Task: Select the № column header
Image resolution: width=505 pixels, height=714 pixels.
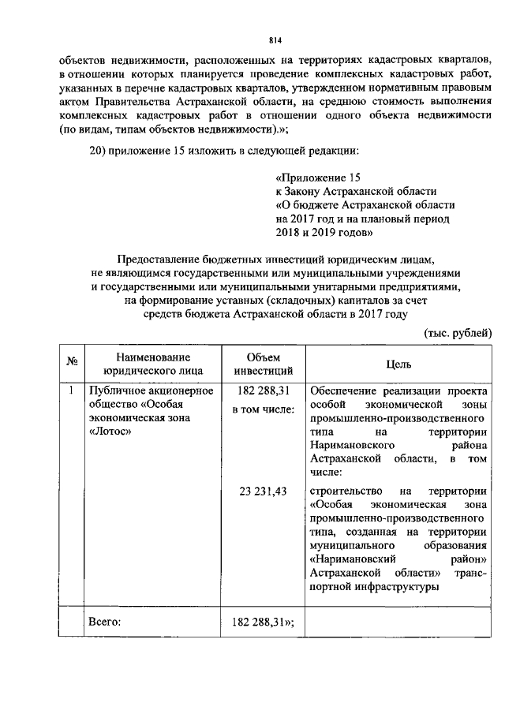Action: coord(72,362)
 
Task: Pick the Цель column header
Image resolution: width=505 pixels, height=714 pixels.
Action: coord(398,364)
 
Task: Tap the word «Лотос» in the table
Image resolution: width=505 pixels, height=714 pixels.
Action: coord(110,432)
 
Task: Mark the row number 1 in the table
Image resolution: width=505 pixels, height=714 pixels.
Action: coord(71,390)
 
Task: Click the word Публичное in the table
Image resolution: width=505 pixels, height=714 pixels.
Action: coord(117,390)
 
